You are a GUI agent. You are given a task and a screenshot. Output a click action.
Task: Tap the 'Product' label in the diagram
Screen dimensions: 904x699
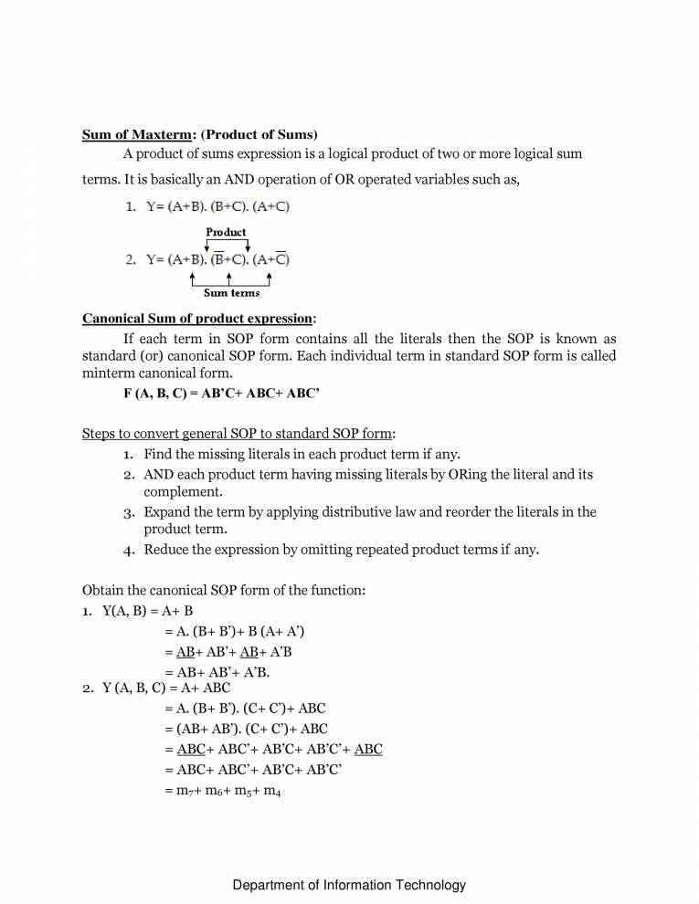(x=226, y=232)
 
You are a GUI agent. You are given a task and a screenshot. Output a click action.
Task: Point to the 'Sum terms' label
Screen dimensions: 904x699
(x=231, y=293)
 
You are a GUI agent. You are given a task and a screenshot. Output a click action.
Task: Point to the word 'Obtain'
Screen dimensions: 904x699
(x=103, y=591)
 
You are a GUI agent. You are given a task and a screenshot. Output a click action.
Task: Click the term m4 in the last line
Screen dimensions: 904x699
(x=271, y=793)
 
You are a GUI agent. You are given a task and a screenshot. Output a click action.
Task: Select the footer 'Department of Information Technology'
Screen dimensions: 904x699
(x=349, y=885)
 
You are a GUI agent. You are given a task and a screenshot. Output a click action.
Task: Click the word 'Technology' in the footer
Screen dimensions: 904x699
(x=430, y=885)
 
